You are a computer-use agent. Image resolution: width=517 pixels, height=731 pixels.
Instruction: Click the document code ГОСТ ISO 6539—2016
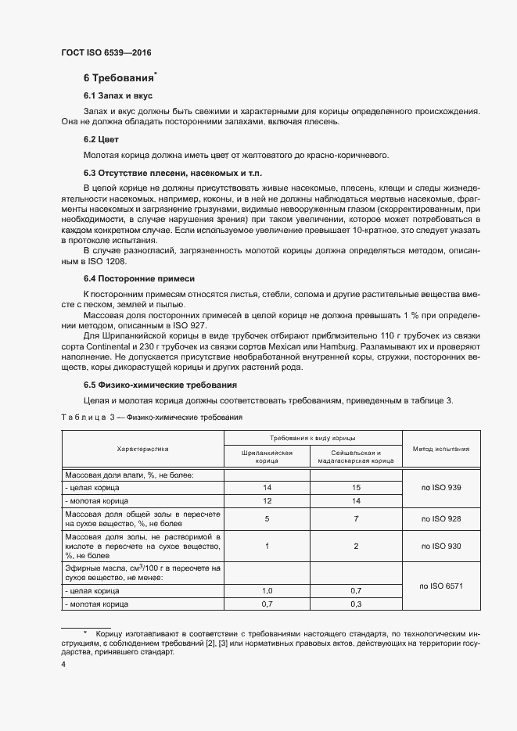coord(106,52)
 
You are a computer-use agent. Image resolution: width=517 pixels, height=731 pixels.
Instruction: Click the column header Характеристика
coord(142,450)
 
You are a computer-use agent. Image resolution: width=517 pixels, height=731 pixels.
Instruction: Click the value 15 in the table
coord(356,488)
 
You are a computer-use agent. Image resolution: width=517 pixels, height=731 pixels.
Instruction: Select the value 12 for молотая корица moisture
coord(267,500)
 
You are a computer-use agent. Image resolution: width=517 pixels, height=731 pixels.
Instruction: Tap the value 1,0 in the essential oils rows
coord(267,591)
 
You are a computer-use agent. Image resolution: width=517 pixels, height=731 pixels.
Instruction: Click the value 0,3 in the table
coord(356,604)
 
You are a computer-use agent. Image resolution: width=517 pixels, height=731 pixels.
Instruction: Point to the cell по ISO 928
coord(442,519)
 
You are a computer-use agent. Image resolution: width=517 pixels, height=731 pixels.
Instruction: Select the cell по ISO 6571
coord(442,585)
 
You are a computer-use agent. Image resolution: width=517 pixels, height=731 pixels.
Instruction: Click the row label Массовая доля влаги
coord(128,475)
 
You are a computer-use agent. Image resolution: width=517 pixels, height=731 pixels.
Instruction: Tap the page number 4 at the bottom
coord(63,664)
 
